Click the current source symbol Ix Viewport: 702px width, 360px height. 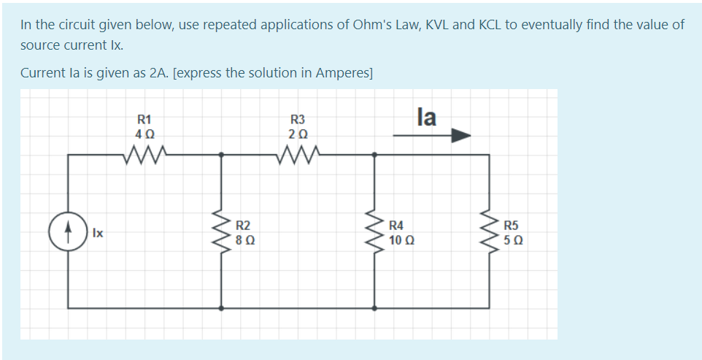(x=69, y=231)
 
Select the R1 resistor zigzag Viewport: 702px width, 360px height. (x=144, y=154)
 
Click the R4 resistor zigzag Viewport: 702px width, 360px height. (x=376, y=231)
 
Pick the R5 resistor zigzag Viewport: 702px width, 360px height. (x=489, y=231)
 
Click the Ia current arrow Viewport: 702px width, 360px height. (x=431, y=135)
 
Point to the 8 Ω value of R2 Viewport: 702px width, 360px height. (x=244, y=240)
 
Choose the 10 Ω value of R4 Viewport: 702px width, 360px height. (x=401, y=240)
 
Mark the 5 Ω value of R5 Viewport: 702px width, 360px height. (x=513, y=240)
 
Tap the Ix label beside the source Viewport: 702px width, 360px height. (x=98, y=233)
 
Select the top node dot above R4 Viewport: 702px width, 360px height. (x=375, y=154)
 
